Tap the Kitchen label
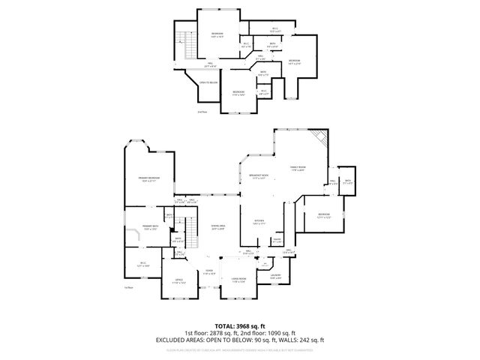259,221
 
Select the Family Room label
298,168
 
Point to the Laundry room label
275,276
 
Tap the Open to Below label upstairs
208,83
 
